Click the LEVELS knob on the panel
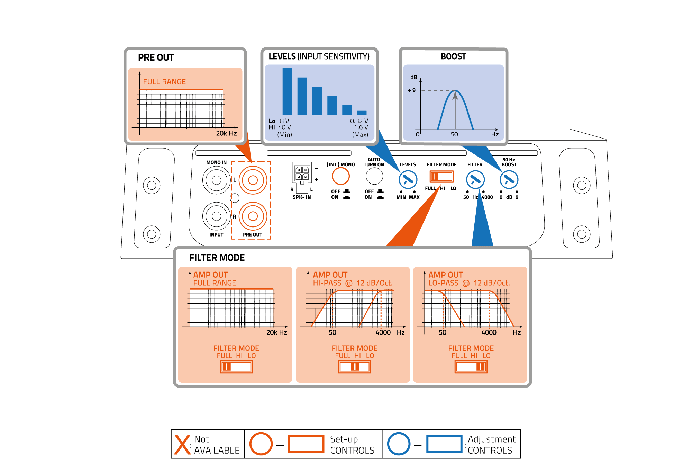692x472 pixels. [x=408, y=180]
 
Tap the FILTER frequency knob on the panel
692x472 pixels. [x=475, y=180]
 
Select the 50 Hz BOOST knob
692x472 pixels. [x=509, y=180]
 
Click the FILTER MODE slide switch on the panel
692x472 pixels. [x=441, y=177]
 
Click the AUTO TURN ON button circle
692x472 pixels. [x=374, y=176]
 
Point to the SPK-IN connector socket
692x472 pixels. [x=302, y=173]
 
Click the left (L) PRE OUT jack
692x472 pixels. [x=253, y=180]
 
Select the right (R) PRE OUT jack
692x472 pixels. [x=253, y=216]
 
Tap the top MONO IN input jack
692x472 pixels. [x=217, y=180]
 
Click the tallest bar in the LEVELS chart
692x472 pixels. [x=287, y=91]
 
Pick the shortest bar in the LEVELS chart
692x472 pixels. [x=362, y=113]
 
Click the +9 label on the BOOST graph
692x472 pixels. [x=412, y=90]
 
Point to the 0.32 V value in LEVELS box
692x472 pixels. [x=359, y=121]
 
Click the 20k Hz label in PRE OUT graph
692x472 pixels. [x=226, y=133]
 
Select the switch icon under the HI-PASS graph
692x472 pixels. [x=355, y=367]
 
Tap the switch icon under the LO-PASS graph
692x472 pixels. [x=471, y=367]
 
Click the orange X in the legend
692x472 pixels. [x=182, y=444]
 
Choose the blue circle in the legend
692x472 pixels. [x=399, y=444]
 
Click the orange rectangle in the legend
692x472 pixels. [x=306, y=444]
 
